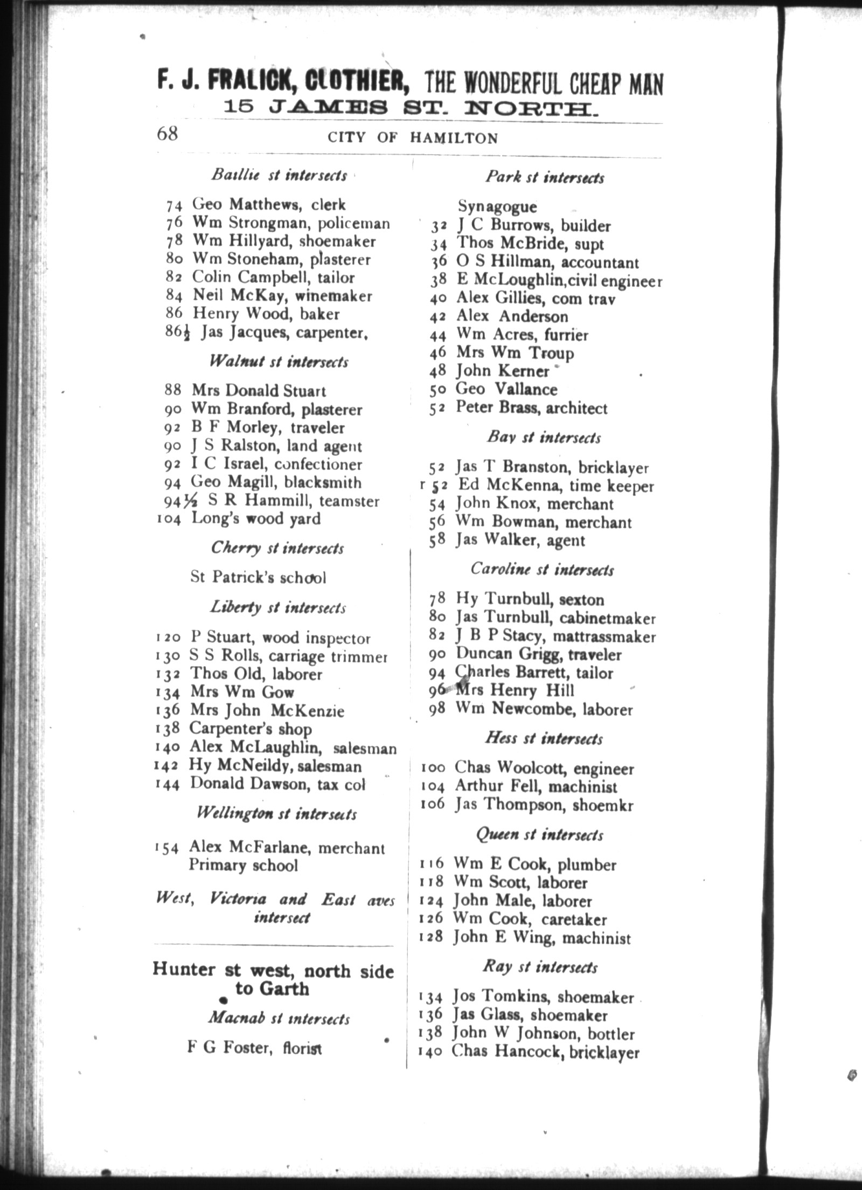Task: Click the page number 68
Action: (167, 133)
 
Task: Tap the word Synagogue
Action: (497, 206)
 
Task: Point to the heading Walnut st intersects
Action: (279, 361)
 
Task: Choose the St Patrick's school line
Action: (258, 577)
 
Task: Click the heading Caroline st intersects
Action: (541, 569)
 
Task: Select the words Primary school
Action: (243, 865)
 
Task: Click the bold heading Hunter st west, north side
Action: (273, 970)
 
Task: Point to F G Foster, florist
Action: (254, 1048)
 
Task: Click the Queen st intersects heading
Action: (539, 835)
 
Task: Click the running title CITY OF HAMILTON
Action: (413, 138)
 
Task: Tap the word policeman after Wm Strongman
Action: (353, 223)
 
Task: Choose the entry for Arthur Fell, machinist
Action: (536, 787)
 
